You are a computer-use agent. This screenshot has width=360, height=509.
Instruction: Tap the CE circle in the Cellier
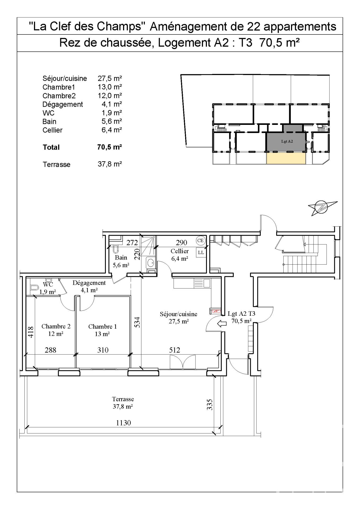coord(201,240)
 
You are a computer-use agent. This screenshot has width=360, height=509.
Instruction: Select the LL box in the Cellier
coord(201,252)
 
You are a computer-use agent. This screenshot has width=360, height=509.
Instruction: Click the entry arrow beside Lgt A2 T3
coord(222,324)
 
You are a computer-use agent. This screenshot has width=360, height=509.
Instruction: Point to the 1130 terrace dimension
coord(124,423)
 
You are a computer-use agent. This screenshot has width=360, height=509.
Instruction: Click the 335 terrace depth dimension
coord(210,405)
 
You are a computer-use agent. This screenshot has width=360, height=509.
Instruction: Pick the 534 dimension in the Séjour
coord(137,322)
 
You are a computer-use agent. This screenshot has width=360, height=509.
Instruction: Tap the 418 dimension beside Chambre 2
coord(31,332)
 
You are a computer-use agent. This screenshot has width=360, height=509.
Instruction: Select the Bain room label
coord(121,257)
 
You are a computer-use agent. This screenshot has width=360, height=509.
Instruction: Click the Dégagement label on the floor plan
coord(89,283)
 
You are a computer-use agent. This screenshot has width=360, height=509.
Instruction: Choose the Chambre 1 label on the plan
coord(102,327)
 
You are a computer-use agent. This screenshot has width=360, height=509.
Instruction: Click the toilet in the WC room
coord(34,287)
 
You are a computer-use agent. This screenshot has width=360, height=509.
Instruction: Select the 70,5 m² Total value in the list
coord(110,147)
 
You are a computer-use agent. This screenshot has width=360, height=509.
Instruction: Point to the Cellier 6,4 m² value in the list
coord(110,130)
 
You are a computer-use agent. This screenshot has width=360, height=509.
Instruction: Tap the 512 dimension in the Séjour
coord(175,350)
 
